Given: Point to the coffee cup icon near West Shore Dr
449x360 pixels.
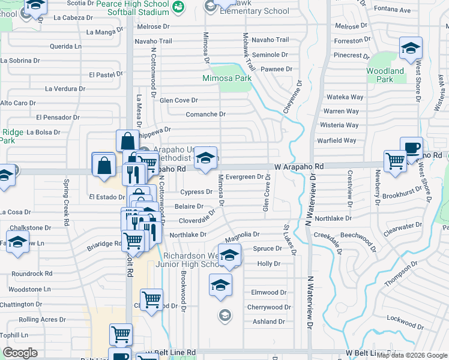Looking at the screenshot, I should click(x=411, y=149).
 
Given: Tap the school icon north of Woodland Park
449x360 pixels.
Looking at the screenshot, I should click(x=411, y=49).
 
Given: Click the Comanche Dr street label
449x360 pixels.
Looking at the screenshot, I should click(x=205, y=114).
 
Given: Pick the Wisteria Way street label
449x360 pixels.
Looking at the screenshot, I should click(x=340, y=125).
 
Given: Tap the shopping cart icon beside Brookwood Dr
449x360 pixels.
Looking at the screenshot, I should click(x=152, y=299).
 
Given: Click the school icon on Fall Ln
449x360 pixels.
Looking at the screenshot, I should click(x=19, y=244).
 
